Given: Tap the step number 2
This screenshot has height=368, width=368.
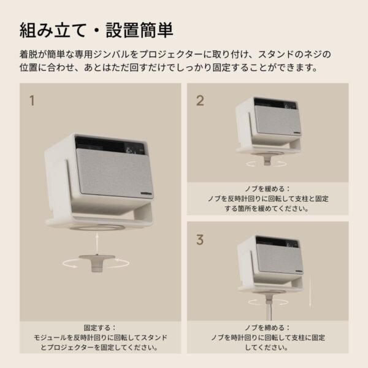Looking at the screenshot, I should (x=200, y=101).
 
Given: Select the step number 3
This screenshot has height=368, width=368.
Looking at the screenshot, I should (x=200, y=240).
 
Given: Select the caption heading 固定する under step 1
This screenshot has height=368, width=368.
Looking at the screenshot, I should (x=100, y=328).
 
